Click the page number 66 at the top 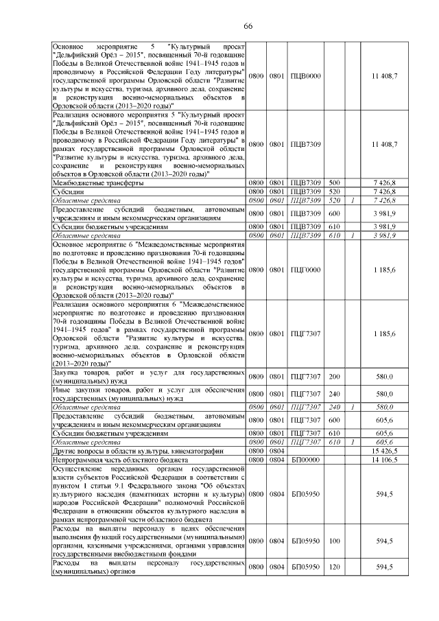(x=248, y=26)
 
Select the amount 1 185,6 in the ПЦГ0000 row (x=384, y=270)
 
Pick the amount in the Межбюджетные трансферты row (x=384, y=183)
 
